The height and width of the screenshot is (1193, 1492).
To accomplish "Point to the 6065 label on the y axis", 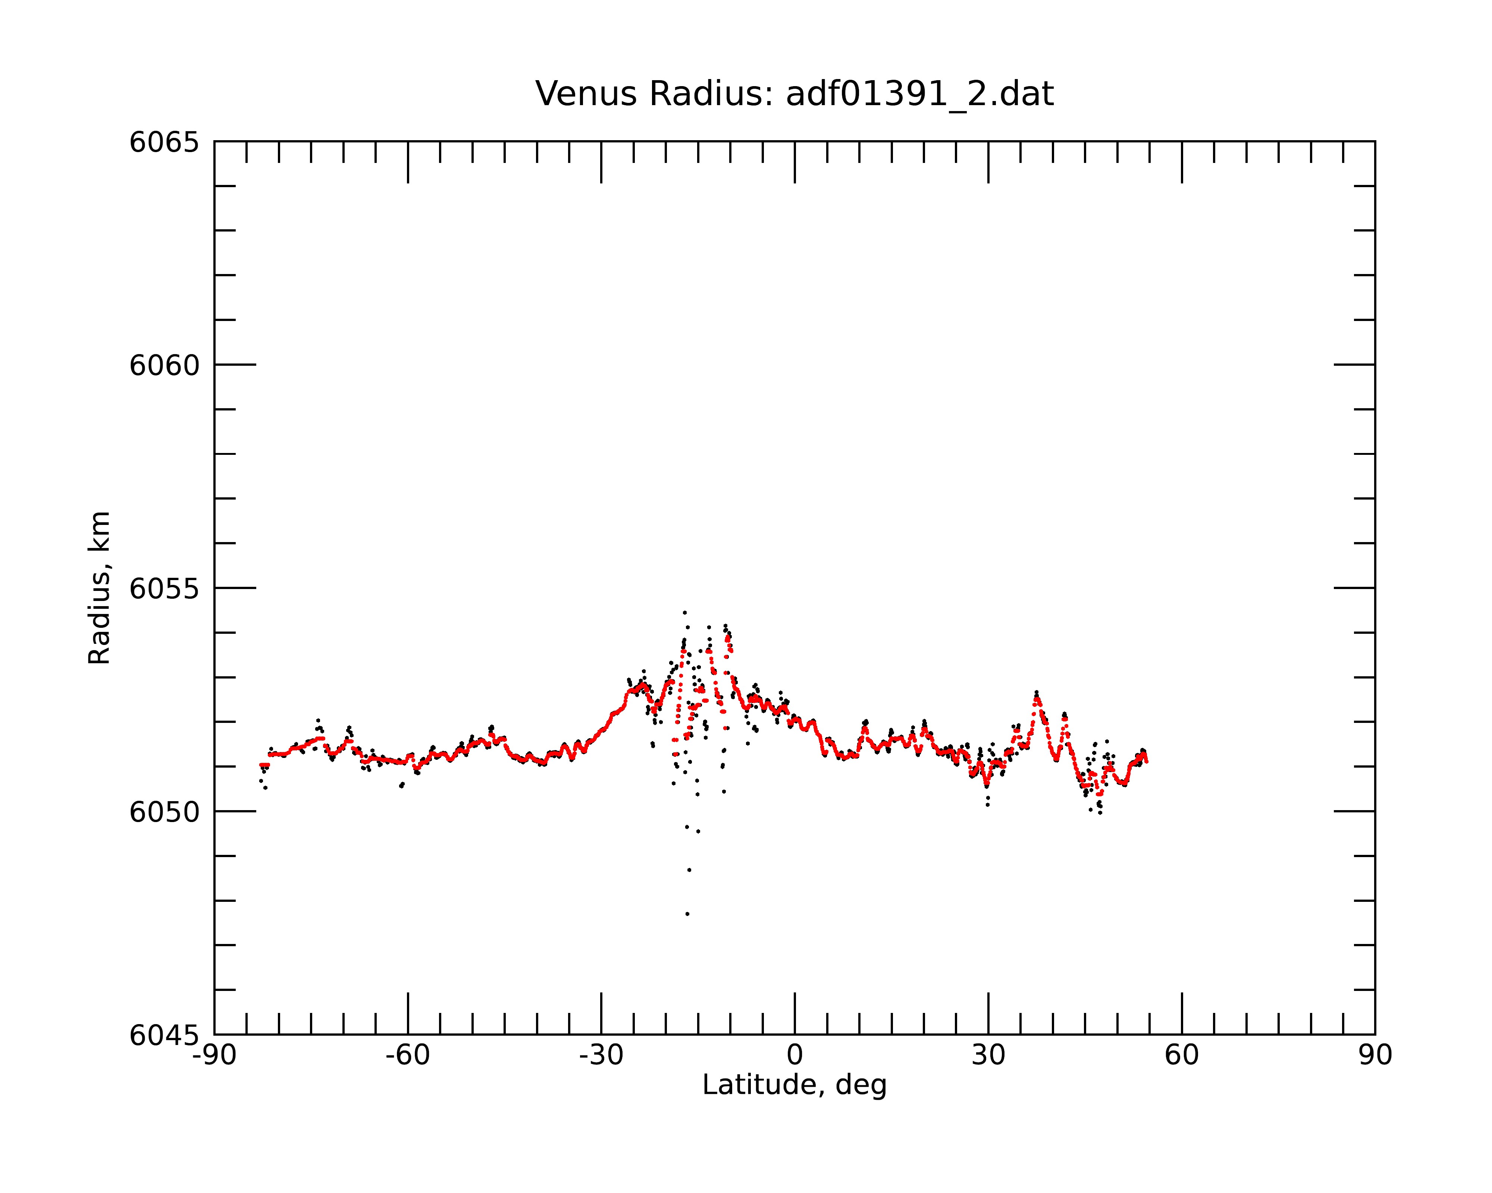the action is tap(164, 142).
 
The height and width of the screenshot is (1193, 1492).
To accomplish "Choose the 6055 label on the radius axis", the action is tap(164, 589).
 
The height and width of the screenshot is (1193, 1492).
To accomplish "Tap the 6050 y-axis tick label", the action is tap(164, 812).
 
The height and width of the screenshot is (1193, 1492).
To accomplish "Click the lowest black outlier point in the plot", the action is tap(687, 914).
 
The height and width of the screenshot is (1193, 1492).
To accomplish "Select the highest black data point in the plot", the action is tap(684, 612).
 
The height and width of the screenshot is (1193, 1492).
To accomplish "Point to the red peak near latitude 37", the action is tap(1036, 699).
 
